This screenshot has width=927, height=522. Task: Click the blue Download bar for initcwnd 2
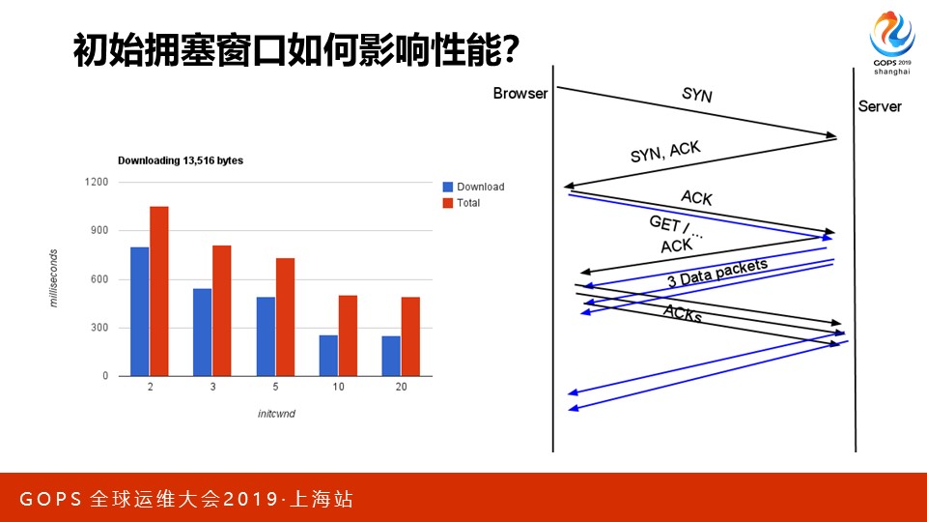tap(139, 311)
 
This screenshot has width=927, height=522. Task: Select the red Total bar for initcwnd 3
tap(222, 310)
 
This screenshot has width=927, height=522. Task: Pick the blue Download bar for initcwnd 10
tap(328, 356)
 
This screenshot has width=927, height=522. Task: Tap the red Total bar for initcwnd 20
tap(410, 336)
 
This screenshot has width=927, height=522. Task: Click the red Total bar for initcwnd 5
tap(285, 317)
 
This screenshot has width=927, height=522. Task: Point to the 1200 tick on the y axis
tap(97, 182)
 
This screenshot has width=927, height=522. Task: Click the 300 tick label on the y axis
tap(99, 328)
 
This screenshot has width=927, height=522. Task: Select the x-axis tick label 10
tap(338, 387)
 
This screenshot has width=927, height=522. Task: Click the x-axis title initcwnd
tap(276, 414)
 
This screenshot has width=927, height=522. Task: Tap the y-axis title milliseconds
tap(53, 278)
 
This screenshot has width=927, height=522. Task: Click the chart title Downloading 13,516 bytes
tap(181, 160)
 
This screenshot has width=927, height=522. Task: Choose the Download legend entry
tap(473, 187)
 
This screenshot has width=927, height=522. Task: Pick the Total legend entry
tap(462, 203)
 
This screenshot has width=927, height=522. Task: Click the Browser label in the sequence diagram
tap(520, 94)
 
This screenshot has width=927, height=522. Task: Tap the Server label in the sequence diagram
tap(880, 106)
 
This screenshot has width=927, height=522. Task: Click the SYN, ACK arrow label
tap(665, 152)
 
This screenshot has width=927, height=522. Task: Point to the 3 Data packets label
tap(717, 273)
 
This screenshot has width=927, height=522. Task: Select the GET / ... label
tap(676, 226)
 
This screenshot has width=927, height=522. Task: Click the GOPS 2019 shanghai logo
tap(892, 43)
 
